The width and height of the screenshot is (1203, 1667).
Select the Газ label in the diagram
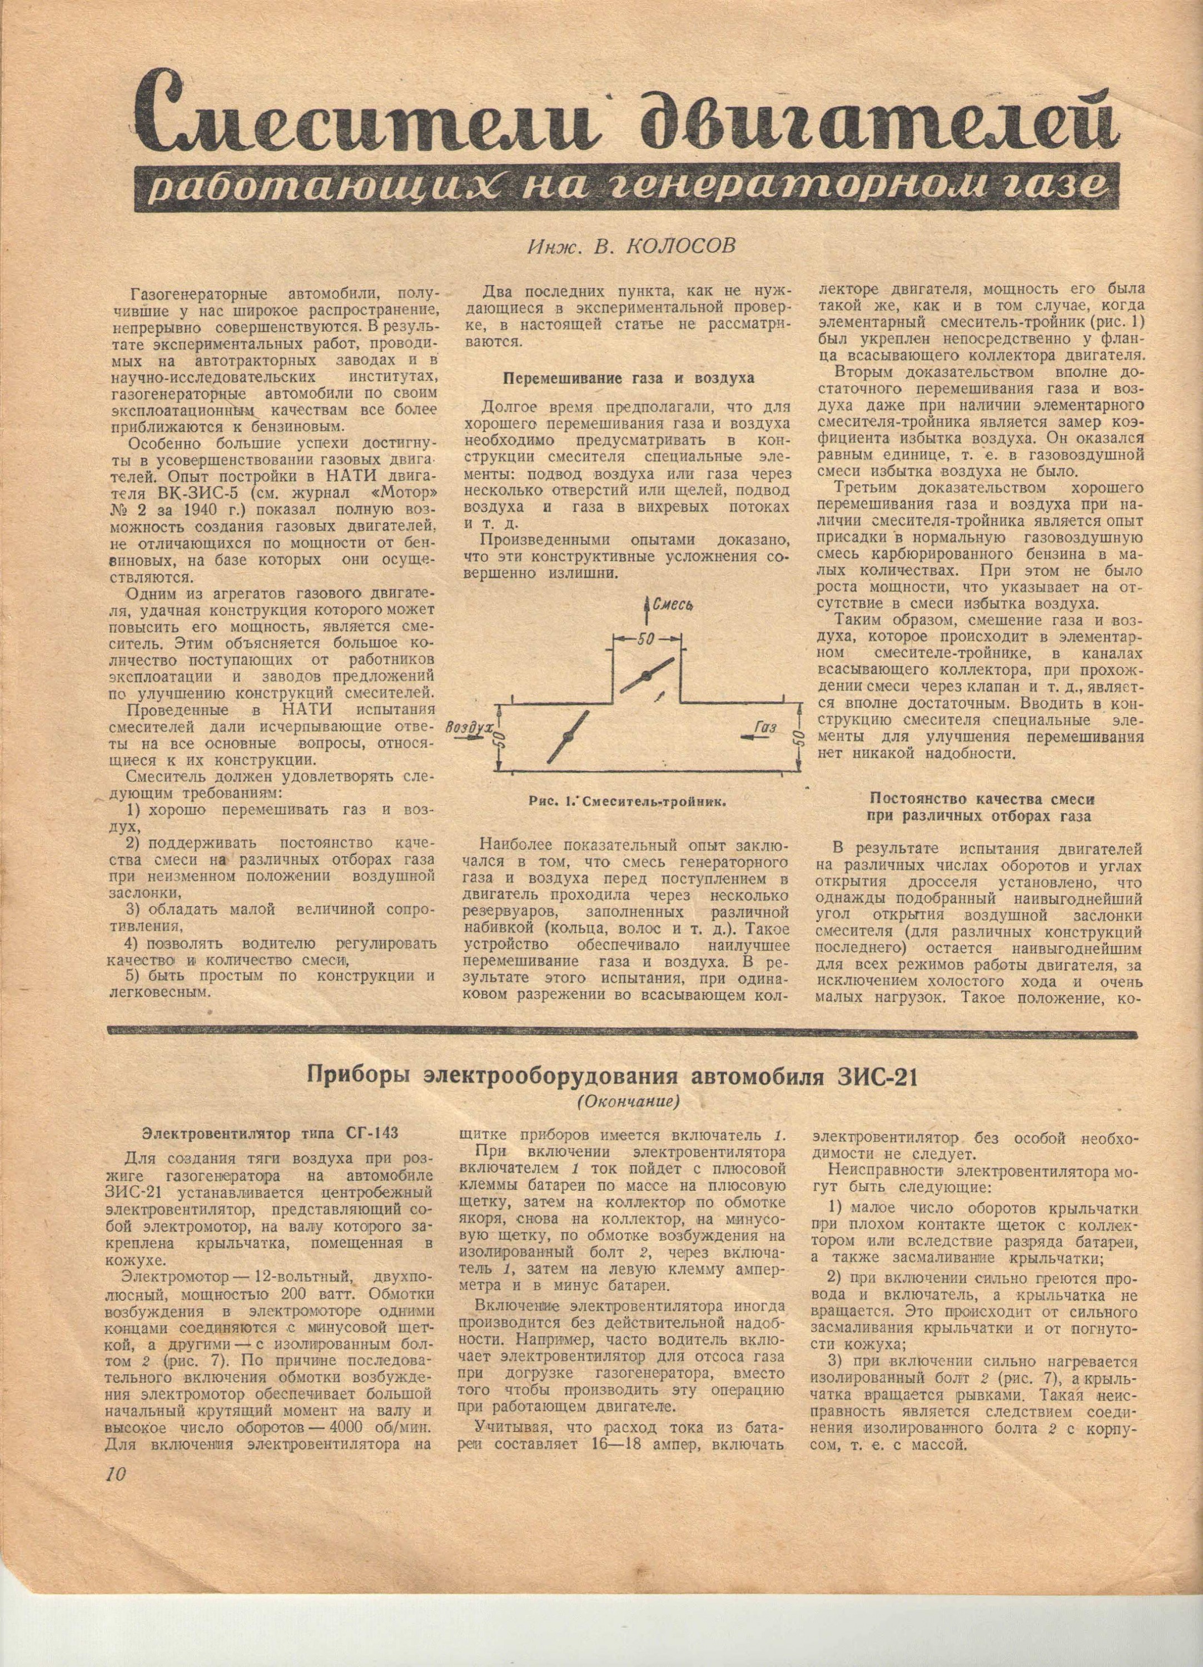[x=765, y=727]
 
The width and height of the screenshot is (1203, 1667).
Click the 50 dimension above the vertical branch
[x=647, y=638]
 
